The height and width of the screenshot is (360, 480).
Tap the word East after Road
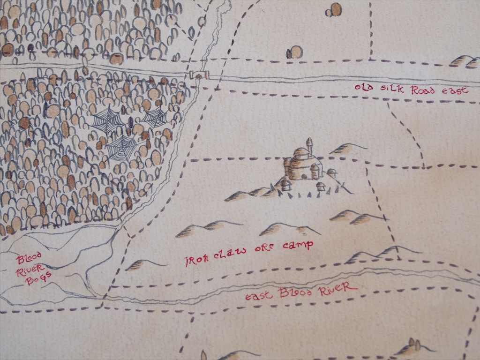(453, 90)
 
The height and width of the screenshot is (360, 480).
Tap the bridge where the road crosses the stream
(199, 75)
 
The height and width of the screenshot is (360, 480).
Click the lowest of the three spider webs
(122, 148)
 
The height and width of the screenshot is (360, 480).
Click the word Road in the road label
(424, 90)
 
